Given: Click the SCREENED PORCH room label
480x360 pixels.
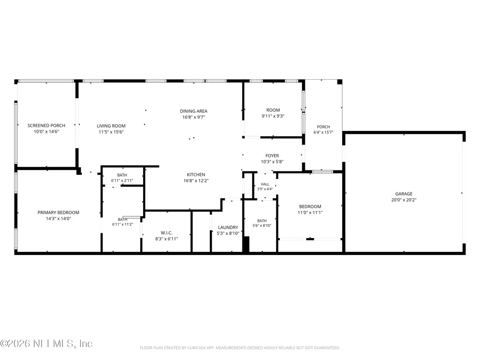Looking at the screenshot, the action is point(46,125).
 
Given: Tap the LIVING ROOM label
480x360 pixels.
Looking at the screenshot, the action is point(111,126).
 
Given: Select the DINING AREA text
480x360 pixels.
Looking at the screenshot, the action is point(193,111).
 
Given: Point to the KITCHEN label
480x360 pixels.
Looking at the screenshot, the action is point(196,175).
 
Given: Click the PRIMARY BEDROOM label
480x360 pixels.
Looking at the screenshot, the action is point(58,213).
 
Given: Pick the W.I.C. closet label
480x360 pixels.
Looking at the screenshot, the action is point(167,233).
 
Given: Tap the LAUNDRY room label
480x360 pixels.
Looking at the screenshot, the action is point(228,228).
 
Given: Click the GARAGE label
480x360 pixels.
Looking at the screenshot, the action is point(404,194).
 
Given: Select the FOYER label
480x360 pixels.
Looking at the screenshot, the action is point(272,156).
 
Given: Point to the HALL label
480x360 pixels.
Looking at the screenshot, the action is point(265,184).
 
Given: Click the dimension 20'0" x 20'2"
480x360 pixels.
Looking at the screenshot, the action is point(404,200).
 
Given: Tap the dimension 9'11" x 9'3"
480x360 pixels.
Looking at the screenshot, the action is point(273,116).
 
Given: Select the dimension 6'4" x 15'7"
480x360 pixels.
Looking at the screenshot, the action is point(323,132).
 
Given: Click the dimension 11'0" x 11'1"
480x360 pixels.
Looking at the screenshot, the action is point(310,213).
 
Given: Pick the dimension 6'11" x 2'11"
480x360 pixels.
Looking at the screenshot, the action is point(122,180).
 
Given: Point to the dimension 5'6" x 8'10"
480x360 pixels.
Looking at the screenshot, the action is point(262,226).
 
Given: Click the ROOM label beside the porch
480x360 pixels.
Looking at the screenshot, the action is point(273,110).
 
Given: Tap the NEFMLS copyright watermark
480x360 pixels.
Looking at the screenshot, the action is point(46,344).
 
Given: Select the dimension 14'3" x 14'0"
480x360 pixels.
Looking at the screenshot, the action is point(58,218).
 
